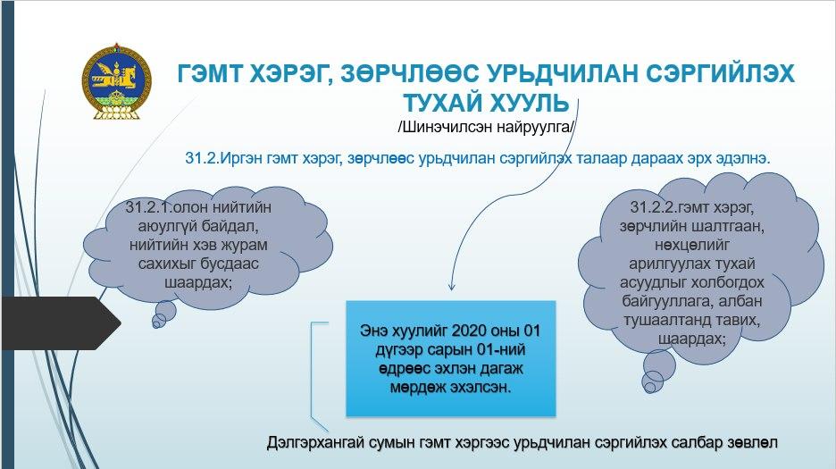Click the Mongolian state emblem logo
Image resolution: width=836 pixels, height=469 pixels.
click(117, 81)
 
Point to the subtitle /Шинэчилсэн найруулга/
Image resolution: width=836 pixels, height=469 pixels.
click(486, 128)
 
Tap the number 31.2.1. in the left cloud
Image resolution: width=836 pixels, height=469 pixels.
click(149, 207)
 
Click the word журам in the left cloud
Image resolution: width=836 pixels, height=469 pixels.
click(243, 245)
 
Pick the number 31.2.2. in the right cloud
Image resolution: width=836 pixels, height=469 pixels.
click(654, 207)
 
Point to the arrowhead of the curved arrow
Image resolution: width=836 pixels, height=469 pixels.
click(452, 287)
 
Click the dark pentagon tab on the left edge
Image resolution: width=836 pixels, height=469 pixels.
click(61, 323)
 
